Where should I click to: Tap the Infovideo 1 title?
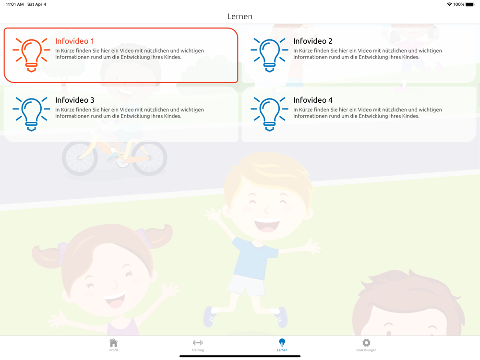tap(74, 41)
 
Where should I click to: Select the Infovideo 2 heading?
tap(312, 41)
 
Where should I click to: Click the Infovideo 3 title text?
tap(75, 100)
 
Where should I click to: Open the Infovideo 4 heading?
tap(312, 100)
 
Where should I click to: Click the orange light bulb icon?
tap(31, 55)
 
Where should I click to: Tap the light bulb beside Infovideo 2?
tap(269, 55)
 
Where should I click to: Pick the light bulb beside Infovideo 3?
tap(31, 114)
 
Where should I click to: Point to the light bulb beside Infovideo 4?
tap(269, 114)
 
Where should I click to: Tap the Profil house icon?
tap(114, 343)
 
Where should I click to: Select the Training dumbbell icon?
tap(198, 343)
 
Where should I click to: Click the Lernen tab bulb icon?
tap(282, 343)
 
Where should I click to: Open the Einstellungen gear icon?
tap(366, 343)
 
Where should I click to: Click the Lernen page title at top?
tap(240, 16)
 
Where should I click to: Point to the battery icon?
tap(470, 4)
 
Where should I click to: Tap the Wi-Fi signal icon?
tap(449, 4)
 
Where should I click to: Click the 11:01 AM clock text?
tap(15, 4)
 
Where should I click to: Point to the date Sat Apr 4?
tap(37, 4)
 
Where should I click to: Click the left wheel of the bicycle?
tap(80, 158)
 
